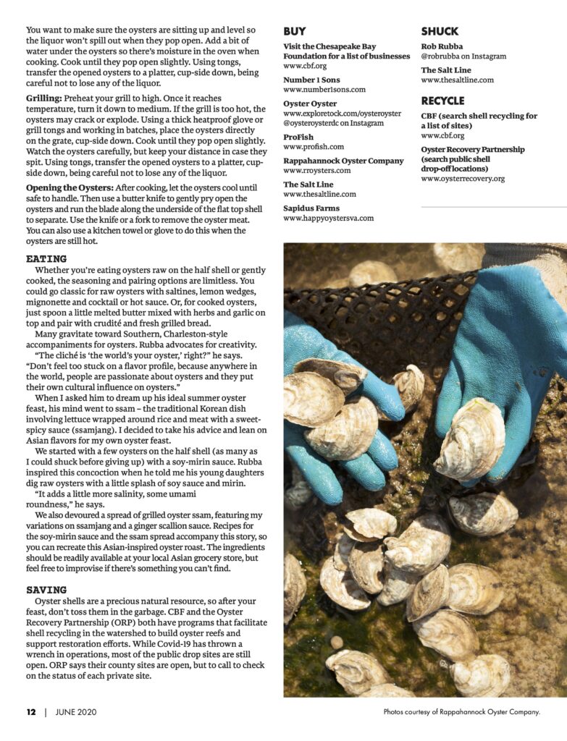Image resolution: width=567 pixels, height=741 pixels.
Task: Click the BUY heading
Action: tap(295, 32)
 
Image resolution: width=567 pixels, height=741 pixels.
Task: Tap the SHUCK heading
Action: tap(440, 32)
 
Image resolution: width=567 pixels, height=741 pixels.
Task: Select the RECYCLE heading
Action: tap(442, 101)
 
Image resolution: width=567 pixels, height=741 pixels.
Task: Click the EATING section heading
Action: tap(46, 258)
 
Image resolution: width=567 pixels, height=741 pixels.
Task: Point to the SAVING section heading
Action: tap(46, 590)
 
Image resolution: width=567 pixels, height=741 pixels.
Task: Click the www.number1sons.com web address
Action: tap(324, 90)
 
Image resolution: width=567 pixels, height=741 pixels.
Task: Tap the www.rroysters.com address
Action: tap(317, 171)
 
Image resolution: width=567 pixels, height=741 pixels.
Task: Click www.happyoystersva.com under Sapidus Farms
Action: tap(329, 218)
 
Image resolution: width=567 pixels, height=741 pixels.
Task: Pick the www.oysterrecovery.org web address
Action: tap(463, 178)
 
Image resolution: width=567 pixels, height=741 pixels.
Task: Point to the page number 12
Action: tap(31, 712)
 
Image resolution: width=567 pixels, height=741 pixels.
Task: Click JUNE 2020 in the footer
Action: tap(75, 712)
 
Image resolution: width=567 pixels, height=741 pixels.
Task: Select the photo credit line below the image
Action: tap(462, 712)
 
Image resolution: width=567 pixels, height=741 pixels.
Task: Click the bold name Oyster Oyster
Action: tap(310, 104)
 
